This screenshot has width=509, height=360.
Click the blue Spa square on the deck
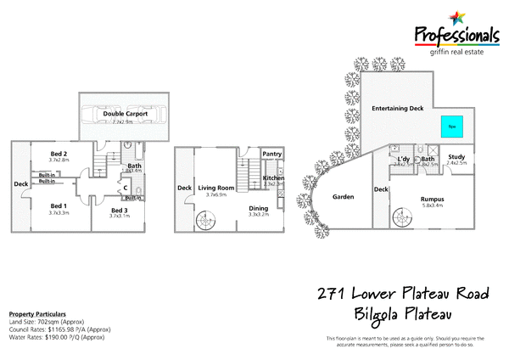(x=452, y=126)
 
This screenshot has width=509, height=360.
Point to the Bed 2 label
(x=59, y=153)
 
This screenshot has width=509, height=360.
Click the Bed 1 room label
(x=59, y=206)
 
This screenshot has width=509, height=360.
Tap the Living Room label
(x=216, y=188)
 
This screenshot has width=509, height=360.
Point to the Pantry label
(x=271, y=154)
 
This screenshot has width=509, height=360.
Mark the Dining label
(x=259, y=209)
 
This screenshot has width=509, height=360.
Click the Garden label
(x=342, y=197)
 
